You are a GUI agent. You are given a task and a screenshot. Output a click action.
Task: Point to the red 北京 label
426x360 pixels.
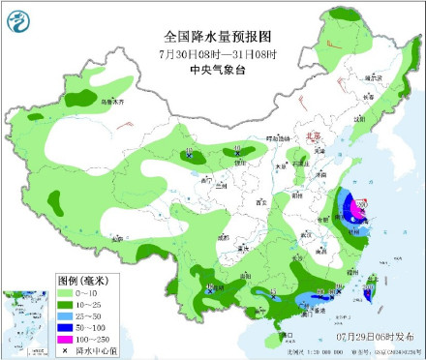pos(312,138)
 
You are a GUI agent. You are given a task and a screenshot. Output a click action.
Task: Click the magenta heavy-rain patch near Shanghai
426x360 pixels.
pos(353,204)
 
